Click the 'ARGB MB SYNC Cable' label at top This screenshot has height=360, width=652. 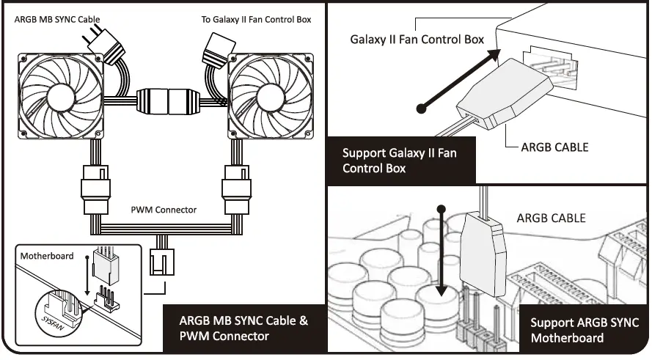coord(57,18)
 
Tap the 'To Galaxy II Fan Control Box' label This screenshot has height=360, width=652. coord(256,19)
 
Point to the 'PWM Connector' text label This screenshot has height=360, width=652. coord(163,210)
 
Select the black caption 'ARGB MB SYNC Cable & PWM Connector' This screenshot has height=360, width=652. coord(244,328)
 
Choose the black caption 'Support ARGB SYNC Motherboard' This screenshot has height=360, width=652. coord(584,330)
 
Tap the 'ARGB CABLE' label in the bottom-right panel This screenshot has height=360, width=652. coord(552,218)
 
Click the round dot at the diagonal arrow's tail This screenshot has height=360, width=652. coord(421,109)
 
